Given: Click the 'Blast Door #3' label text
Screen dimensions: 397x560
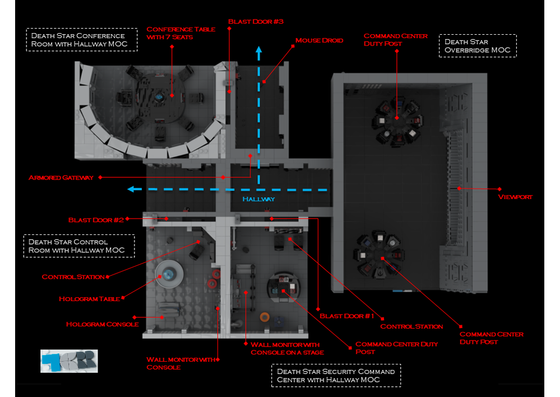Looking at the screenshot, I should pyautogui.click(x=256, y=21).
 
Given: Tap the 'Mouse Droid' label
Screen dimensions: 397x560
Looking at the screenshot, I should pyautogui.click(x=319, y=40).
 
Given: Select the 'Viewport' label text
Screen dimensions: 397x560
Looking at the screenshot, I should pyautogui.click(x=515, y=197).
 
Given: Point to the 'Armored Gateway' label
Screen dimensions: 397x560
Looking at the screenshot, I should pyautogui.click(x=61, y=178).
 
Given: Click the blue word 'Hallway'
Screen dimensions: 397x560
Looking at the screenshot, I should pyautogui.click(x=258, y=199).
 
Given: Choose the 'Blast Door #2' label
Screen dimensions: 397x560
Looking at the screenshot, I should pyautogui.click(x=96, y=220).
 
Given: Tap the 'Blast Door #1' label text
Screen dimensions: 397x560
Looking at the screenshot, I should pyautogui.click(x=346, y=316).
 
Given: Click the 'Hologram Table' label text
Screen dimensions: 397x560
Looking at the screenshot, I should pyautogui.click(x=89, y=299).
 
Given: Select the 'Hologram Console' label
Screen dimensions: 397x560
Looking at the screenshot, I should pyautogui.click(x=102, y=324).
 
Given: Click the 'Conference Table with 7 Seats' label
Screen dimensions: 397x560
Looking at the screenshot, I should pyautogui.click(x=181, y=33).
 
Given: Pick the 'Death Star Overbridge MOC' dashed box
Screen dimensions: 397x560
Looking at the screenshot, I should pyautogui.click(x=478, y=46).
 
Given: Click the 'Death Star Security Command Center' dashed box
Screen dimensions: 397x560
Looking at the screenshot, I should pyautogui.click(x=336, y=376).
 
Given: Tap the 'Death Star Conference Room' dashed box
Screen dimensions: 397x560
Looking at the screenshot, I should pyautogui.click(x=81, y=39).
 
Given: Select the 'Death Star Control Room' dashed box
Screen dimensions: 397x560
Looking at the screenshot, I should pyautogui.click(x=79, y=246).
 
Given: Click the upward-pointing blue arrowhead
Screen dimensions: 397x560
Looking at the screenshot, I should pyautogui.click(x=258, y=51).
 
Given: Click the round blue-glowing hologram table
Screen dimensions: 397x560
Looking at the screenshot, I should pyautogui.click(x=169, y=274).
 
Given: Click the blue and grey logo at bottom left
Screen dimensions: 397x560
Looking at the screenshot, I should pyautogui.click(x=69, y=361).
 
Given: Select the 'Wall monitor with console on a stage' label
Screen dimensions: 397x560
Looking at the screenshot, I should pyautogui.click(x=285, y=348).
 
